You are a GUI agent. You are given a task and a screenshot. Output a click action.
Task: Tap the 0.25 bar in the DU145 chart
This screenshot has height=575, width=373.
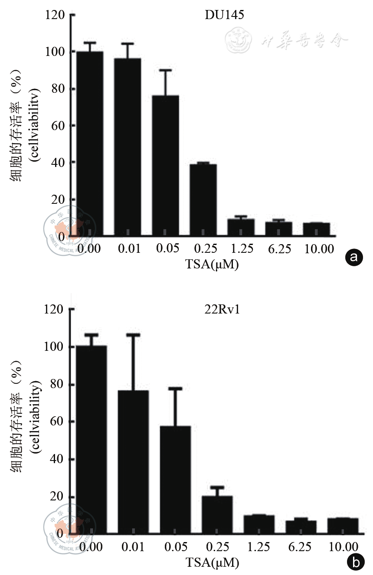pyautogui.click(x=203, y=200)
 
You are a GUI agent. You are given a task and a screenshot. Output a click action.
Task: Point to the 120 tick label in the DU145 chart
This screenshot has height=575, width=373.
pyautogui.click(x=55, y=16)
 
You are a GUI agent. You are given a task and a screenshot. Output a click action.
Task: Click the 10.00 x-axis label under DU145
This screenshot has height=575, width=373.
pyautogui.click(x=319, y=249)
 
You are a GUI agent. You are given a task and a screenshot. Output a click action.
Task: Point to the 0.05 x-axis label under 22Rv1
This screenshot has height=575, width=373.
pyautogui.click(x=175, y=546)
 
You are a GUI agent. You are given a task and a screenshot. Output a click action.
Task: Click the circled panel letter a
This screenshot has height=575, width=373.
pyautogui.click(x=353, y=258)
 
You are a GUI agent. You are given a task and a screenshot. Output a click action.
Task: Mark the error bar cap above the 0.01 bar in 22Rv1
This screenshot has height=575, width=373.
pyautogui.click(x=134, y=335)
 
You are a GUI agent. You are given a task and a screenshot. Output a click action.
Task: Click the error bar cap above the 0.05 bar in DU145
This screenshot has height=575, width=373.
pyautogui.click(x=165, y=70)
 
